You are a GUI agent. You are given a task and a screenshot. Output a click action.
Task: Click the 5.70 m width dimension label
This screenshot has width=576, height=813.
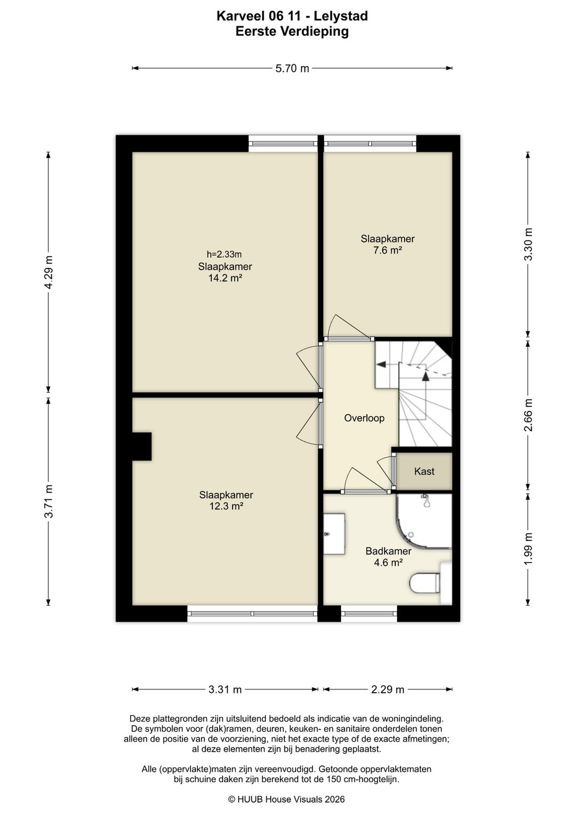tap(292, 68)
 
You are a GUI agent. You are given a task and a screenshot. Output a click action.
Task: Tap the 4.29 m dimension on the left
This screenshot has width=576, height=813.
tap(49, 272)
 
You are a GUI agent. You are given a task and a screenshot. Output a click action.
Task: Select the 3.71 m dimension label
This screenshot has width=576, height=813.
tap(49, 501)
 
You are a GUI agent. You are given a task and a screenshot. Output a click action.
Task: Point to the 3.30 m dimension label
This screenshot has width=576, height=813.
tap(528, 244)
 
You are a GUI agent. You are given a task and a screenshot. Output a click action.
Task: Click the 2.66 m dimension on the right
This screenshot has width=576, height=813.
tap(528, 415)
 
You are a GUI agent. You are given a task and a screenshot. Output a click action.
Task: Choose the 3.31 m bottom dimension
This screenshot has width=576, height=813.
tap(225, 689)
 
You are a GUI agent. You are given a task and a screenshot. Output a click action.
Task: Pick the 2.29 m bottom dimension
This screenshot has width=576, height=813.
tap(387, 689)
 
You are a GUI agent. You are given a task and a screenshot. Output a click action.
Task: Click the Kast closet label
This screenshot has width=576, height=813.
tap(424, 471)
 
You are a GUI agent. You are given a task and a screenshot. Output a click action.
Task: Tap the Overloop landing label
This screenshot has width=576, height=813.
tap(364, 418)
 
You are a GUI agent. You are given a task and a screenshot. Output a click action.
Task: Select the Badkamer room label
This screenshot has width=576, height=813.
tap(388, 551)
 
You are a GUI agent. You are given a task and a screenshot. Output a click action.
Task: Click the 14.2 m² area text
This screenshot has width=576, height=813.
tap(225, 278)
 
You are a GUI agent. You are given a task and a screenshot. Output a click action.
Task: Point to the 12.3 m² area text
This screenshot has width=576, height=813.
tap(226, 506)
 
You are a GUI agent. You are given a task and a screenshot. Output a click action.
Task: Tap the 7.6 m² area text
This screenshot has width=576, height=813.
tap(387, 250)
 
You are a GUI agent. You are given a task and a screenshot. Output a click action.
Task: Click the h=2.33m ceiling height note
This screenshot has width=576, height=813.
tap(224, 254)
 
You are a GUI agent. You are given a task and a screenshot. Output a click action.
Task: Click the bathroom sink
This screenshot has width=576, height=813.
tap(334, 534)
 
